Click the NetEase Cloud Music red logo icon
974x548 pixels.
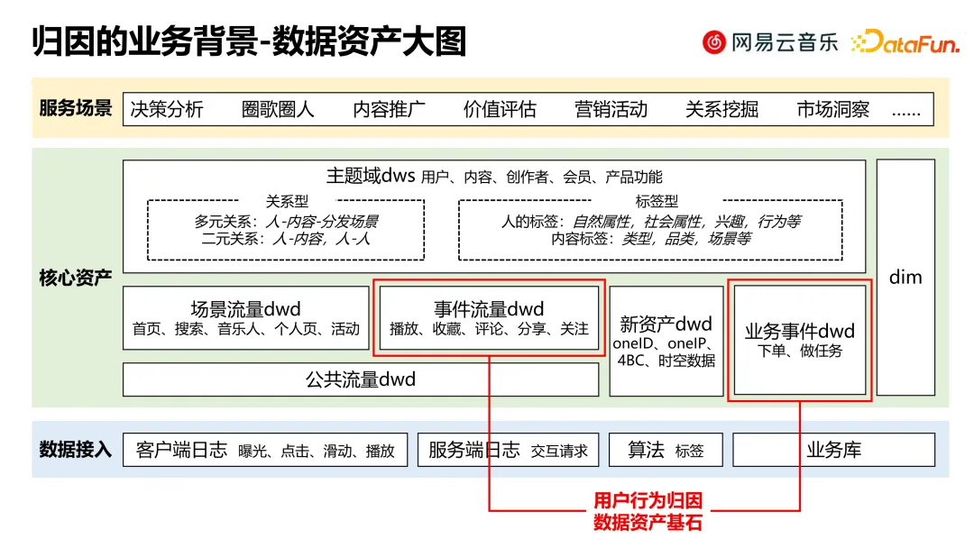click(x=714, y=42)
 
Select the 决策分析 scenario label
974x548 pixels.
click(x=167, y=109)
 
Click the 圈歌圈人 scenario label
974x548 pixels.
click(x=278, y=109)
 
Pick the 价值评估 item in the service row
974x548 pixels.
click(x=500, y=109)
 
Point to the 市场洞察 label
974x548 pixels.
click(x=832, y=109)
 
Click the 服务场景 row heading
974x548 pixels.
click(x=76, y=108)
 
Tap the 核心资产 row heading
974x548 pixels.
click(x=76, y=277)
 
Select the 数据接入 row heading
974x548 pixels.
click(x=76, y=449)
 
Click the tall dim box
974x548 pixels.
click(x=905, y=277)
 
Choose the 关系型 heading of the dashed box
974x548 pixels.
click(x=288, y=202)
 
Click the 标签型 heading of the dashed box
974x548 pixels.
click(x=657, y=202)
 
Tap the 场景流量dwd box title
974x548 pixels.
click(x=245, y=309)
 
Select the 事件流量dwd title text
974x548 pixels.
click(x=489, y=309)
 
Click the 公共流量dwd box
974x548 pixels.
click(x=361, y=379)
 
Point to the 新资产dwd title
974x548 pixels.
click(x=666, y=324)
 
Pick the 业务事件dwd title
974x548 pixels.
click(x=799, y=331)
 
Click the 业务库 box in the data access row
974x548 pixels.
click(x=833, y=449)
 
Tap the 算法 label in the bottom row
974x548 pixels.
click(x=646, y=449)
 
